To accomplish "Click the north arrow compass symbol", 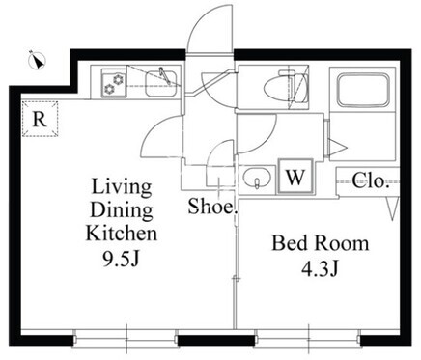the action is (x=38, y=60).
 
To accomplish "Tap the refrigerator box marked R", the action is (x=41, y=119).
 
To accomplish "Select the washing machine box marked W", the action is (x=295, y=176).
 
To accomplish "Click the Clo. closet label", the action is (x=369, y=180).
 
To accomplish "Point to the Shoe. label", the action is (x=212, y=207).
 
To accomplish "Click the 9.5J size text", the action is (x=121, y=259).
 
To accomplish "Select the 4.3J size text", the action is (x=320, y=268).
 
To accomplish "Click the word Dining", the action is (x=122, y=210).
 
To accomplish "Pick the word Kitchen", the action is (x=122, y=233).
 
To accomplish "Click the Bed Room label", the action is (x=321, y=243).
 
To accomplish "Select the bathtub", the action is (x=362, y=91).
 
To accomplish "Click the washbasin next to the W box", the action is (x=257, y=179).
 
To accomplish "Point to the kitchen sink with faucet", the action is (x=161, y=82).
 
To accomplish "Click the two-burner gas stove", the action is (x=114, y=83).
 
